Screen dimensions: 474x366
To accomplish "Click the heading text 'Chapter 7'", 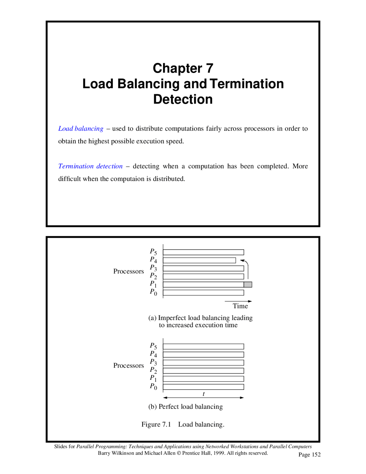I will point(183,68).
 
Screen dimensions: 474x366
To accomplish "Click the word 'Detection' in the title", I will point(183,100).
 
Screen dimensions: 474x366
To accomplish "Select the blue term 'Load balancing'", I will point(81,129).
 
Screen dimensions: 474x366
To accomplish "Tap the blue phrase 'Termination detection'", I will point(90,166).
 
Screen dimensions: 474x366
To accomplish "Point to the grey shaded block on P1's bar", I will point(248,285).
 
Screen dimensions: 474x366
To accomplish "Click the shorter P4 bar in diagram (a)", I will point(199,260).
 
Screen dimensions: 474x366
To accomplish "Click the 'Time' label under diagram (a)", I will point(240,306).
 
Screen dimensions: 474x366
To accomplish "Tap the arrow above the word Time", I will point(238,301).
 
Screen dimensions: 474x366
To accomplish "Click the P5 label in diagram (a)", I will point(153,252).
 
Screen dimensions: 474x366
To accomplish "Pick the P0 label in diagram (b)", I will point(153,386).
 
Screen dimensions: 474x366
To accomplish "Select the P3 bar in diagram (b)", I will point(203,363).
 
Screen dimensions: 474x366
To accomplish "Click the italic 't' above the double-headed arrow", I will point(204,394).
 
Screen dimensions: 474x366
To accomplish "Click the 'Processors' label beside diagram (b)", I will point(128,366).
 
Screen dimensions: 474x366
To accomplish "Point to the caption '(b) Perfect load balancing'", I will point(185,407).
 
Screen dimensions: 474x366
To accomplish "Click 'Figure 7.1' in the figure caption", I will point(156,424).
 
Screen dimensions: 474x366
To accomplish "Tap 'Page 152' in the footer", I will point(309,455).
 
